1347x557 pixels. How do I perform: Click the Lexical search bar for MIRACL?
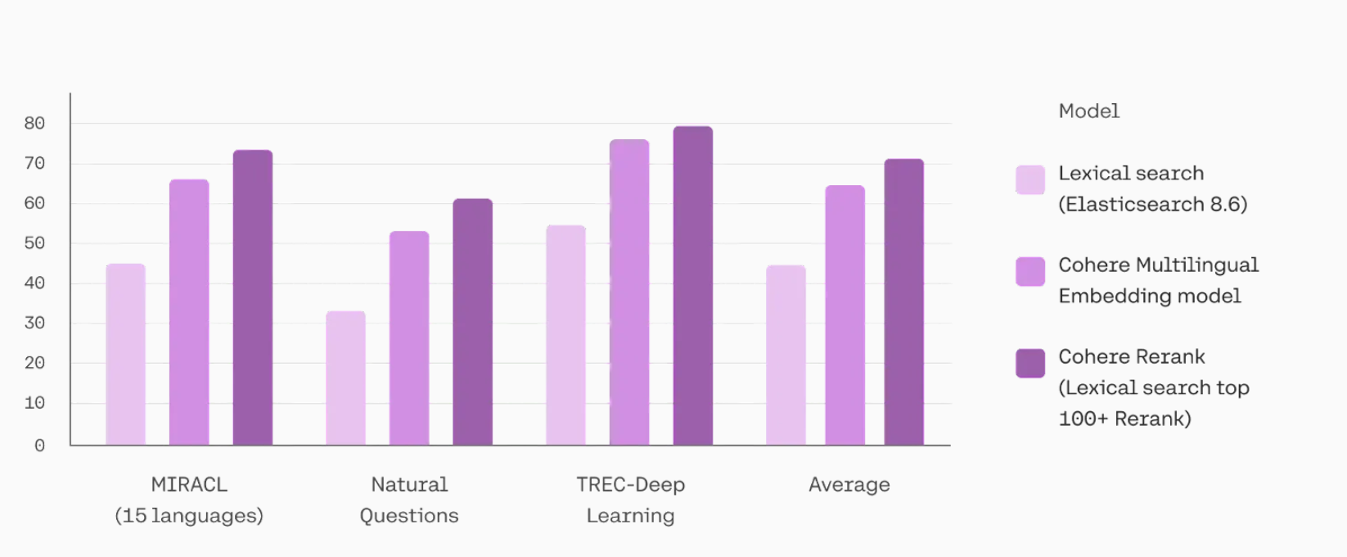click(x=125, y=355)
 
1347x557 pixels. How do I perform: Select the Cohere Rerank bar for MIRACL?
click(x=253, y=298)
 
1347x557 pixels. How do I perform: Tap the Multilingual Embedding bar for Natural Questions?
click(x=409, y=338)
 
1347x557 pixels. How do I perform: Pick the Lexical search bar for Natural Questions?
click(x=345, y=378)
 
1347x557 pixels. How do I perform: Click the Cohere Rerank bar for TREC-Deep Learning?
click(x=693, y=286)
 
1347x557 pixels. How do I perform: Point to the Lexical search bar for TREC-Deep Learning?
click(x=565, y=335)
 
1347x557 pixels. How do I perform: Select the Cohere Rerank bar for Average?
click(x=904, y=302)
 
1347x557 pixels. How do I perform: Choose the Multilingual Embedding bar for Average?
click(x=845, y=315)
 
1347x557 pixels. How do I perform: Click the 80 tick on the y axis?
click(x=34, y=124)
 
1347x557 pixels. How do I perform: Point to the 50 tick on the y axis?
click(x=34, y=243)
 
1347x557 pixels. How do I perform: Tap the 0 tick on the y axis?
click(x=39, y=446)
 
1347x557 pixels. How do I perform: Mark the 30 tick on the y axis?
click(x=34, y=323)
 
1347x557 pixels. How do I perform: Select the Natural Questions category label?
click(x=409, y=500)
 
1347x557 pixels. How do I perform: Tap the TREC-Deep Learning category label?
click(x=630, y=500)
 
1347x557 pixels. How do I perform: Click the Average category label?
click(x=849, y=485)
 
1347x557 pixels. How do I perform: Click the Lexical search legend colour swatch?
click(x=1030, y=180)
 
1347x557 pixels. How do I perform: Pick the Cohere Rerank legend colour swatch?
click(x=1030, y=363)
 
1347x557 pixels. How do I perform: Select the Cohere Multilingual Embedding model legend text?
click(x=1158, y=280)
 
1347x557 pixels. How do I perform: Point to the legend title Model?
click(x=1088, y=111)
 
